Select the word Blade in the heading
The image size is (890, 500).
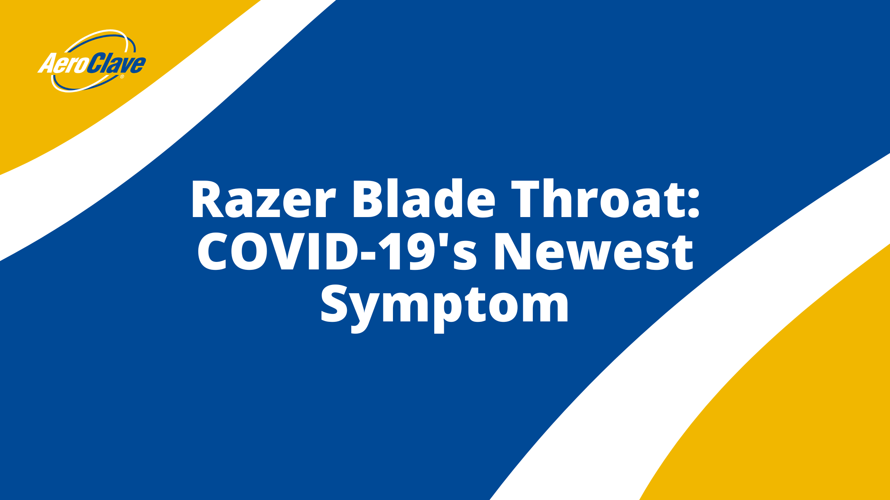click(x=424, y=199)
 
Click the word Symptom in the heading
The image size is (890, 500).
click(x=445, y=305)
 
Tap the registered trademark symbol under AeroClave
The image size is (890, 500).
click(x=122, y=77)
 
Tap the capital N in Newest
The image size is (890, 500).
click(x=513, y=251)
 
